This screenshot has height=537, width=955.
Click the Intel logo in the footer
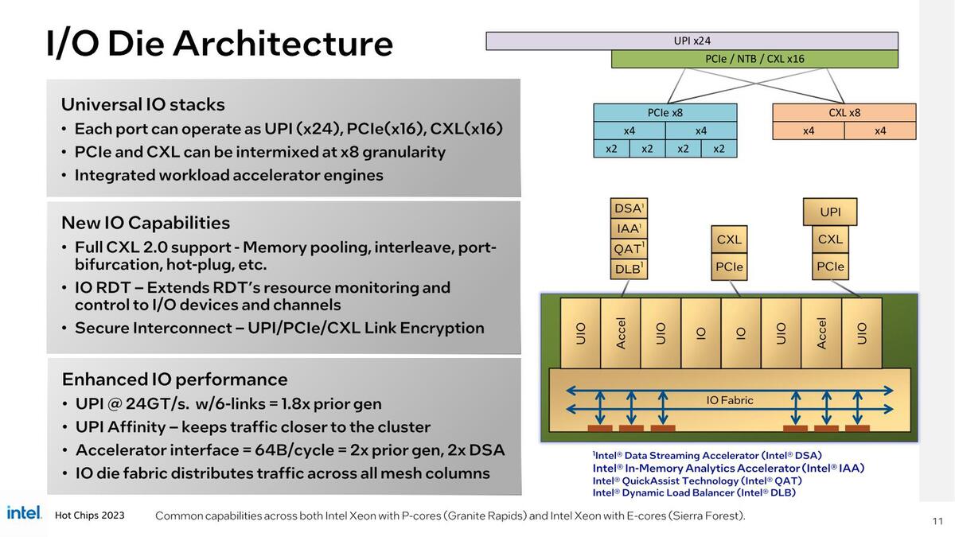point(24,513)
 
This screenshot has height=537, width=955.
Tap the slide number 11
point(937,521)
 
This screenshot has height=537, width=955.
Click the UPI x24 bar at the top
point(692,41)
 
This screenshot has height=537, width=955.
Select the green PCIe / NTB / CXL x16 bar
point(754,59)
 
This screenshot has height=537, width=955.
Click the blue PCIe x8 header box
point(665,113)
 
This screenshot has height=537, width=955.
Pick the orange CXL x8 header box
point(844,113)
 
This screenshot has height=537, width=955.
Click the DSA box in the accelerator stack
point(629,208)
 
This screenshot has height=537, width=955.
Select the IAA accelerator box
point(629,228)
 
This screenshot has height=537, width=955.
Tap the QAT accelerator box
point(629,248)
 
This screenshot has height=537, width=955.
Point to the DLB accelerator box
point(629,269)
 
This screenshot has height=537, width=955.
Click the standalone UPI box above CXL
point(830,212)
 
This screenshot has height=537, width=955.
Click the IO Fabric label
point(730,400)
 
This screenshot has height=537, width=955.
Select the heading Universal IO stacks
point(143,104)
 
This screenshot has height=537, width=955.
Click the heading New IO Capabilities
point(146,223)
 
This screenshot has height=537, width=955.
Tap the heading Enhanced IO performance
point(175,379)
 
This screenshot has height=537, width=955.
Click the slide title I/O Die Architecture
point(220,43)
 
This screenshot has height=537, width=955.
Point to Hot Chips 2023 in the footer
point(90,516)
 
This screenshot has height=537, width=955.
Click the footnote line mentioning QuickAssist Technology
point(697,481)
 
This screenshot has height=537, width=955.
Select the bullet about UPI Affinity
point(253,426)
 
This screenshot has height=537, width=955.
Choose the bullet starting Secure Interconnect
point(279,328)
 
